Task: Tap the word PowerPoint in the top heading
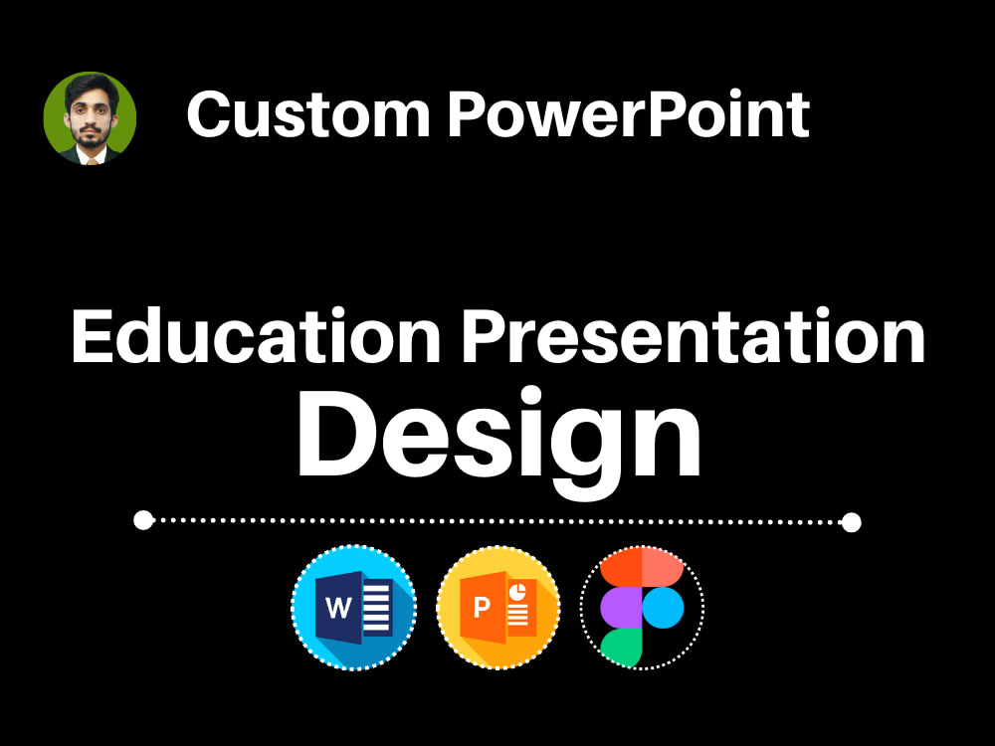point(628,114)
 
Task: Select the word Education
point(256,337)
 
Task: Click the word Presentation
point(694,337)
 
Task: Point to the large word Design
point(498,436)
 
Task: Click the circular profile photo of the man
point(90,118)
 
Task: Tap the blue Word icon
point(353,607)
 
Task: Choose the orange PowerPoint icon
point(498,607)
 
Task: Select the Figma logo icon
point(642,607)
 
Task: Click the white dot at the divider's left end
point(143,519)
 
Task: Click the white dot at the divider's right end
point(851,521)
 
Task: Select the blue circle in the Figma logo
point(664,607)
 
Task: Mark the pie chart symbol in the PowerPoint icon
point(517,592)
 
